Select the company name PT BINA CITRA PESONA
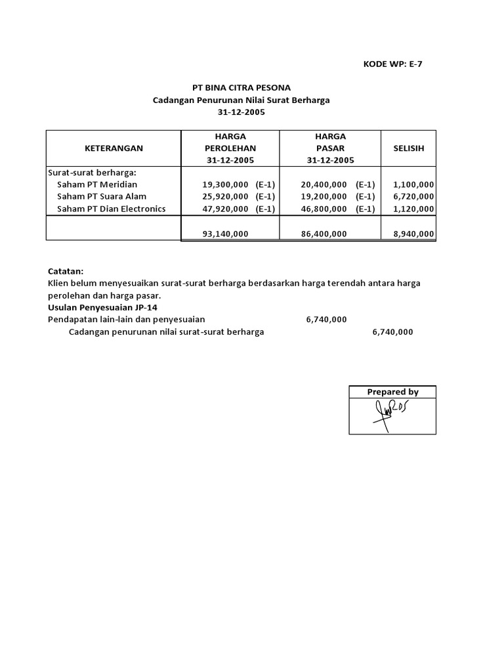pos(240,88)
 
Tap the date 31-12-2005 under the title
pos(240,112)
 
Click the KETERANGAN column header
pos(114,148)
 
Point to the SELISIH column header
pos(408,148)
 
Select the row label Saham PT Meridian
pos(97,184)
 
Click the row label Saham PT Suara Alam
pos(102,196)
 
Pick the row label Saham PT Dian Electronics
pos(112,209)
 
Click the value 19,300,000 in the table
pos(225,184)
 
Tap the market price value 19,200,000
pos(324,196)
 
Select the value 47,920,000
pos(225,209)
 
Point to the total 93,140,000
pos(225,233)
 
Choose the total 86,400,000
pos(324,233)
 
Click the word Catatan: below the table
pos(66,271)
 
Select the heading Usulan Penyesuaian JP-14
pos(103,307)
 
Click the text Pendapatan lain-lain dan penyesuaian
pos(127,320)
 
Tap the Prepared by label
pos(392,392)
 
